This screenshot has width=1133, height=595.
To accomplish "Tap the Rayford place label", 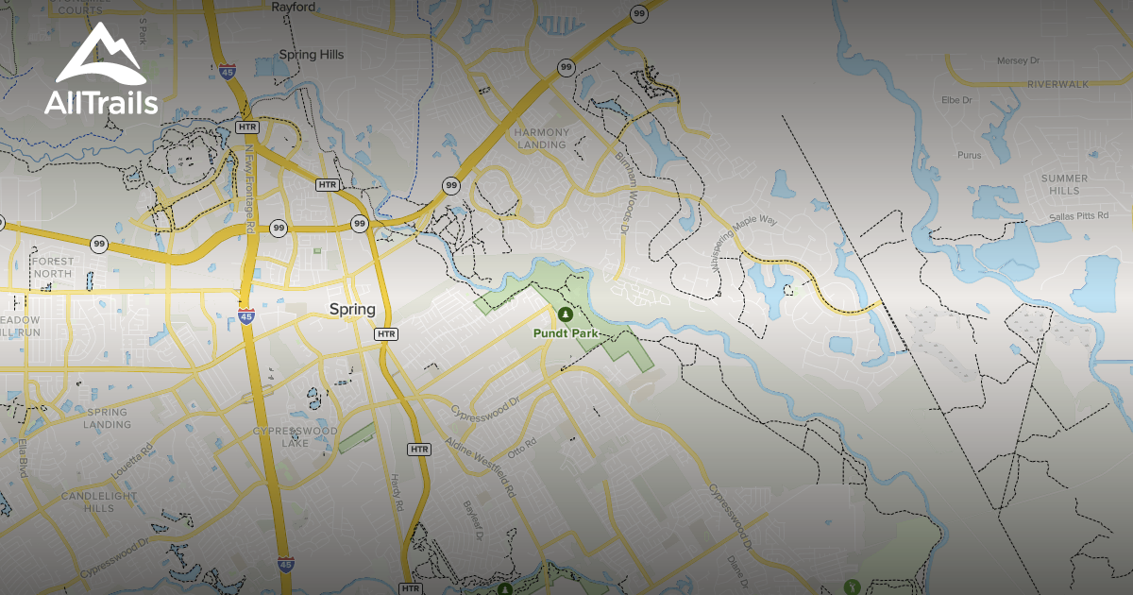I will (293, 7).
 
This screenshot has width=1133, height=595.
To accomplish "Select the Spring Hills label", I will (312, 55).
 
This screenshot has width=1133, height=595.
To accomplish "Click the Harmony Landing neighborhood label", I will (542, 138).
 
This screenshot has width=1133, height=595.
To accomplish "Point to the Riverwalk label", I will (1058, 84).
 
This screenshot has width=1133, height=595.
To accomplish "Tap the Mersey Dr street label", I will (1018, 60).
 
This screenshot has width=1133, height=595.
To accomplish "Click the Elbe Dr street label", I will (956, 99).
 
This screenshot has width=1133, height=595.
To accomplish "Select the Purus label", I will (970, 155).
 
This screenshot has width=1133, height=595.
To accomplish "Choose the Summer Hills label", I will (1064, 184).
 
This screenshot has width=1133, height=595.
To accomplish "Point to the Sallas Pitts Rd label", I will (1070, 217).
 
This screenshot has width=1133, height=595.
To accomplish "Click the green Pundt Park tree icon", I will (565, 314).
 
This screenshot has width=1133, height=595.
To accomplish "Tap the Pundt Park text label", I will (566, 333).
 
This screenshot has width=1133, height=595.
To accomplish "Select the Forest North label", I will (51, 267).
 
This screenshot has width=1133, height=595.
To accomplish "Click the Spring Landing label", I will (108, 418).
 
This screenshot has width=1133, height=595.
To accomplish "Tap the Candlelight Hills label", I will (100, 501).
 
